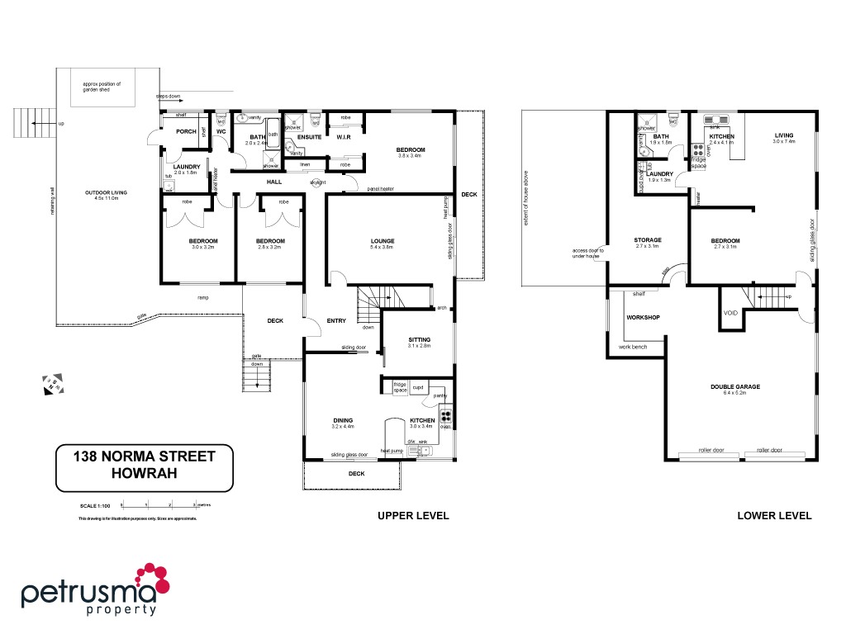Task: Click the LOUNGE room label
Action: tap(382, 241)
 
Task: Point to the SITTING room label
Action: tap(420, 340)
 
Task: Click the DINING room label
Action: tap(343, 420)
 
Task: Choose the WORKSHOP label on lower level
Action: tap(642, 317)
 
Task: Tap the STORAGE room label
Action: tap(648, 240)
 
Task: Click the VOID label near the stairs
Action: tap(730, 313)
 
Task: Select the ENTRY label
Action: tap(336, 321)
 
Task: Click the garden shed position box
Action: tap(107, 88)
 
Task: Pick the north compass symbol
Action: tap(53, 384)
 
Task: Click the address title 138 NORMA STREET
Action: tap(144, 456)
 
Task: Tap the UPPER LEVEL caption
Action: tap(413, 516)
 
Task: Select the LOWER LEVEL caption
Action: tap(774, 516)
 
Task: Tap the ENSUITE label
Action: tap(309, 136)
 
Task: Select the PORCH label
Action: tap(186, 131)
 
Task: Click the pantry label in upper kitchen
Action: tap(441, 396)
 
